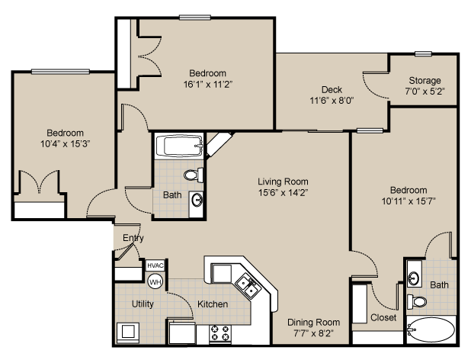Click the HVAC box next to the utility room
[x=155, y=265]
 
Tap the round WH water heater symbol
[x=155, y=281]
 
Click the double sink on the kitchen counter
[x=248, y=285]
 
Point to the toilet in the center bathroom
[x=196, y=175]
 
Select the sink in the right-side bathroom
[x=414, y=275]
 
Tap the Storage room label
[x=425, y=81]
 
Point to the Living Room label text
[x=283, y=182]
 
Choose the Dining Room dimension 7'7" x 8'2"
[x=313, y=333]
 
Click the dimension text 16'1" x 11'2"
[x=207, y=85]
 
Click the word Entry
[x=133, y=238]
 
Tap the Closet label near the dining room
[x=383, y=317]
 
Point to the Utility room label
[x=143, y=304]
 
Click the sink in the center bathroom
[x=197, y=201]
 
